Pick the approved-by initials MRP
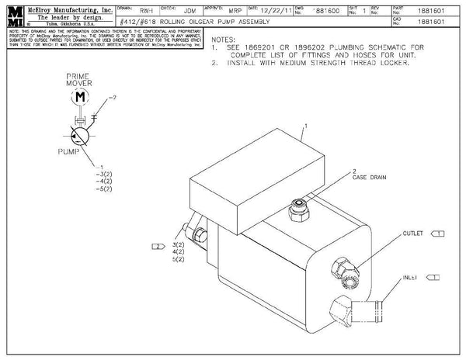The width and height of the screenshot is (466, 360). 224,12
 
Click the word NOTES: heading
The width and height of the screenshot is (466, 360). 224,39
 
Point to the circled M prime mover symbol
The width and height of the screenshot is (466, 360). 80,97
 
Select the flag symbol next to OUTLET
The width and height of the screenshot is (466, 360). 437,233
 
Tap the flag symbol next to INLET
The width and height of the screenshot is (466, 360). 433,276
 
